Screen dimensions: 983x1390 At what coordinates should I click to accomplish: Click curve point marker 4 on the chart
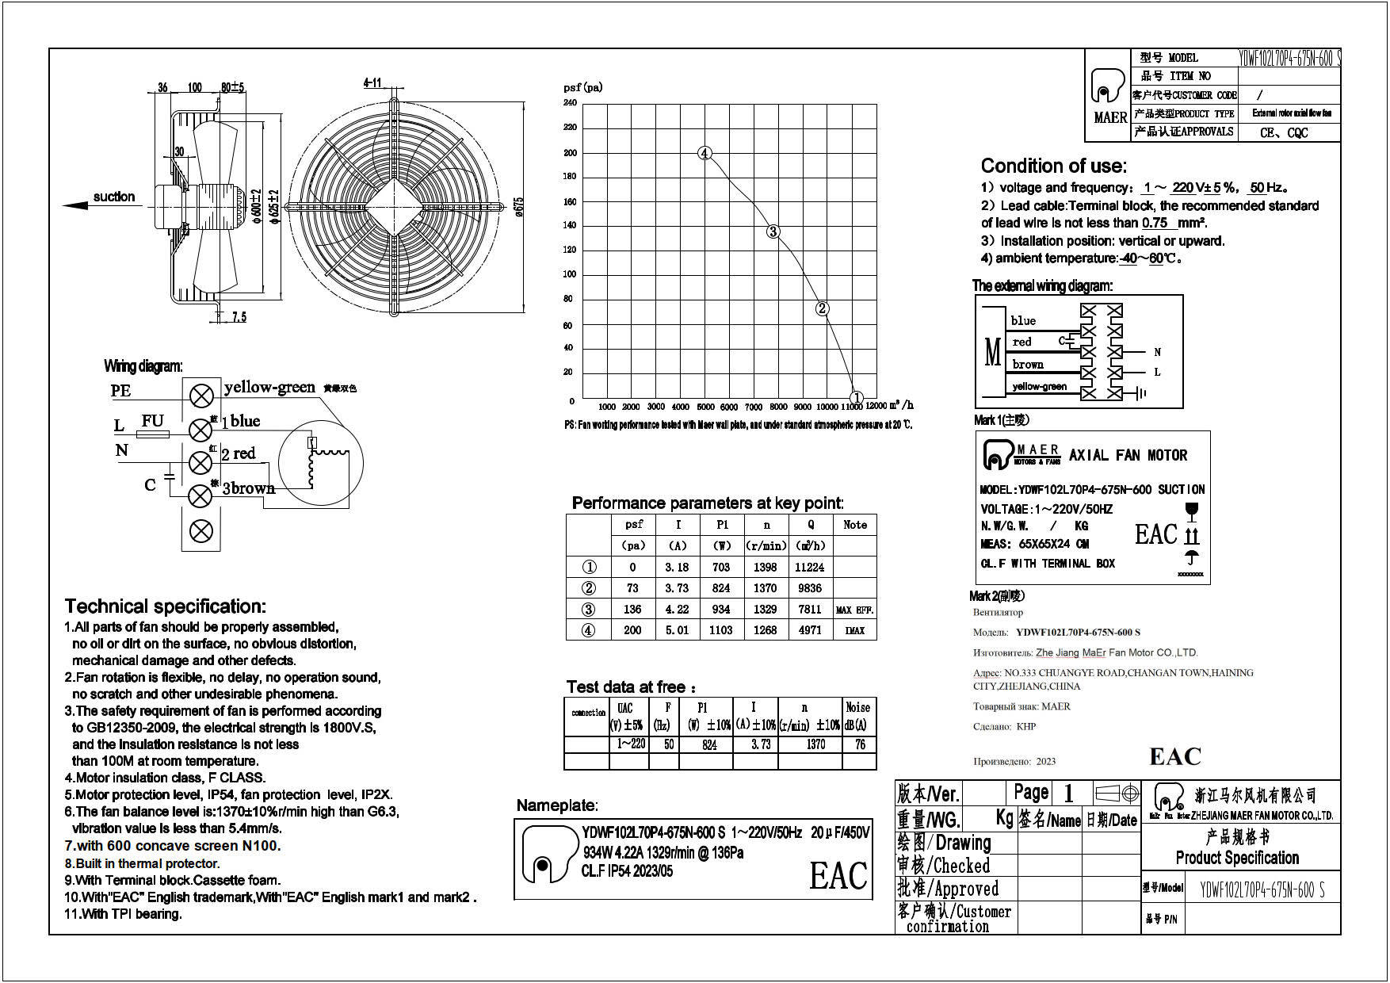coord(705,154)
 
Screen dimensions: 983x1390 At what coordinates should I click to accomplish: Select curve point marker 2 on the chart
coord(822,308)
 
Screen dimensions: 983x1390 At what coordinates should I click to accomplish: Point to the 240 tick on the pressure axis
coord(570,103)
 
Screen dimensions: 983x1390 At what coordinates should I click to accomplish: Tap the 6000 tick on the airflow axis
coord(729,407)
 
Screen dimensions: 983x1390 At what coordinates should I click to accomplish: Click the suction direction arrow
coord(77,205)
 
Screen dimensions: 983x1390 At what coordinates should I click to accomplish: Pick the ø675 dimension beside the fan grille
coord(519,206)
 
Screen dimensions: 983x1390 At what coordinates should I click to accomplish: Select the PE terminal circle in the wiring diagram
coord(202,395)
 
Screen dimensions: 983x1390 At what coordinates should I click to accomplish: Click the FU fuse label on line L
coord(153,421)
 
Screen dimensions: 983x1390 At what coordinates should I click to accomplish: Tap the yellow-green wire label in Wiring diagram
coord(269,387)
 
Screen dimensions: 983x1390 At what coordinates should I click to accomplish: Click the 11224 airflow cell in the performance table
coord(809,568)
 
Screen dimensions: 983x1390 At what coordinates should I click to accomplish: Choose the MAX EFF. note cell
coord(854,610)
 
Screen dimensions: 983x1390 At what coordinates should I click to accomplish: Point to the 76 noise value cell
coord(860,744)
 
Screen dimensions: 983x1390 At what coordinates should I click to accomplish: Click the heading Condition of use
coord(1053,166)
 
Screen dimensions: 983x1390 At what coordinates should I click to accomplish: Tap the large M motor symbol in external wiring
coord(992,352)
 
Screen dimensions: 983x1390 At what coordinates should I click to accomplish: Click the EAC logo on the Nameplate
coord(838,876)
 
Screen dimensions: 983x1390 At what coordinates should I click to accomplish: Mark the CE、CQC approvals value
coord(1284,132)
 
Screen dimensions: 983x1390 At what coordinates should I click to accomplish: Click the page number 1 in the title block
coord(1067,793)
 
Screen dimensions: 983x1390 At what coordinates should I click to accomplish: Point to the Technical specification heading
coord(165,606)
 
